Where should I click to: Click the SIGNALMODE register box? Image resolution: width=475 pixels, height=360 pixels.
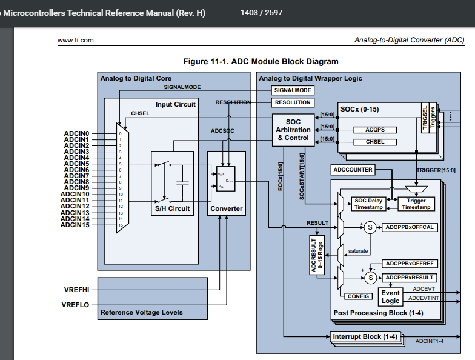293,90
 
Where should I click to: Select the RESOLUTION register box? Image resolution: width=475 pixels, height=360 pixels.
293,102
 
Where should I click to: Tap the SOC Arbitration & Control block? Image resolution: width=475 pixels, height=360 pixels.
293,130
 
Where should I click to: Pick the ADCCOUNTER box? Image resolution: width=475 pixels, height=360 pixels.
353,169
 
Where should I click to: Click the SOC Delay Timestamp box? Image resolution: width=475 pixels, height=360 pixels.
368,204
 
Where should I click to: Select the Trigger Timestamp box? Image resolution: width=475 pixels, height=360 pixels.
416,204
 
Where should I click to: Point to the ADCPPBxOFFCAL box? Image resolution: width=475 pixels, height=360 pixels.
410,227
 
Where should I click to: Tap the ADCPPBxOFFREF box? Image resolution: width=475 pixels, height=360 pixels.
410,264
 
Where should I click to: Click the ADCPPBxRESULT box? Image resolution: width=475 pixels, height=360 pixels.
410,278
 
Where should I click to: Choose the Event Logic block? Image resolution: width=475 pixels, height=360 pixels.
390,297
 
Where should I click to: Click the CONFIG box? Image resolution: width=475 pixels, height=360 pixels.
358,296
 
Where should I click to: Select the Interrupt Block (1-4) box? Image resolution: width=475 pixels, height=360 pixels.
365,336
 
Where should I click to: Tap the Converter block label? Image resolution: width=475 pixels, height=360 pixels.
226,208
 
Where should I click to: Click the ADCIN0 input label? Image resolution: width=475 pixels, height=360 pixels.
77,133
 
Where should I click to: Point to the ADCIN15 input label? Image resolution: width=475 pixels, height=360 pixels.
75,225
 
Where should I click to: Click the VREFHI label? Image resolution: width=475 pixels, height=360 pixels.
77,290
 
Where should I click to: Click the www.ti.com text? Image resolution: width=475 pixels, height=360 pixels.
75,40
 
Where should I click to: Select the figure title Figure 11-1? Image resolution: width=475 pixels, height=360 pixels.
261,61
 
